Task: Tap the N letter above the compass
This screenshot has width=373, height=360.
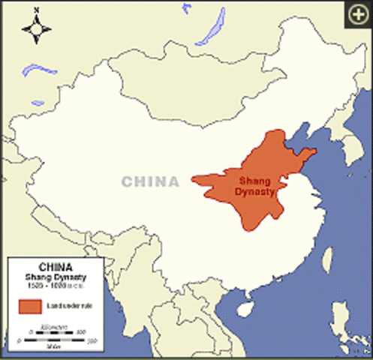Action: coord(36,11)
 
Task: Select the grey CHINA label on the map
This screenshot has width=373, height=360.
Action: coord(151,181)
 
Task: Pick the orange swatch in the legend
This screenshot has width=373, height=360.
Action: coord(30,306)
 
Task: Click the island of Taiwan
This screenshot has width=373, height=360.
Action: coord(327,259)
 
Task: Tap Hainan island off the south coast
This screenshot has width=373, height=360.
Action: coord(243,307)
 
